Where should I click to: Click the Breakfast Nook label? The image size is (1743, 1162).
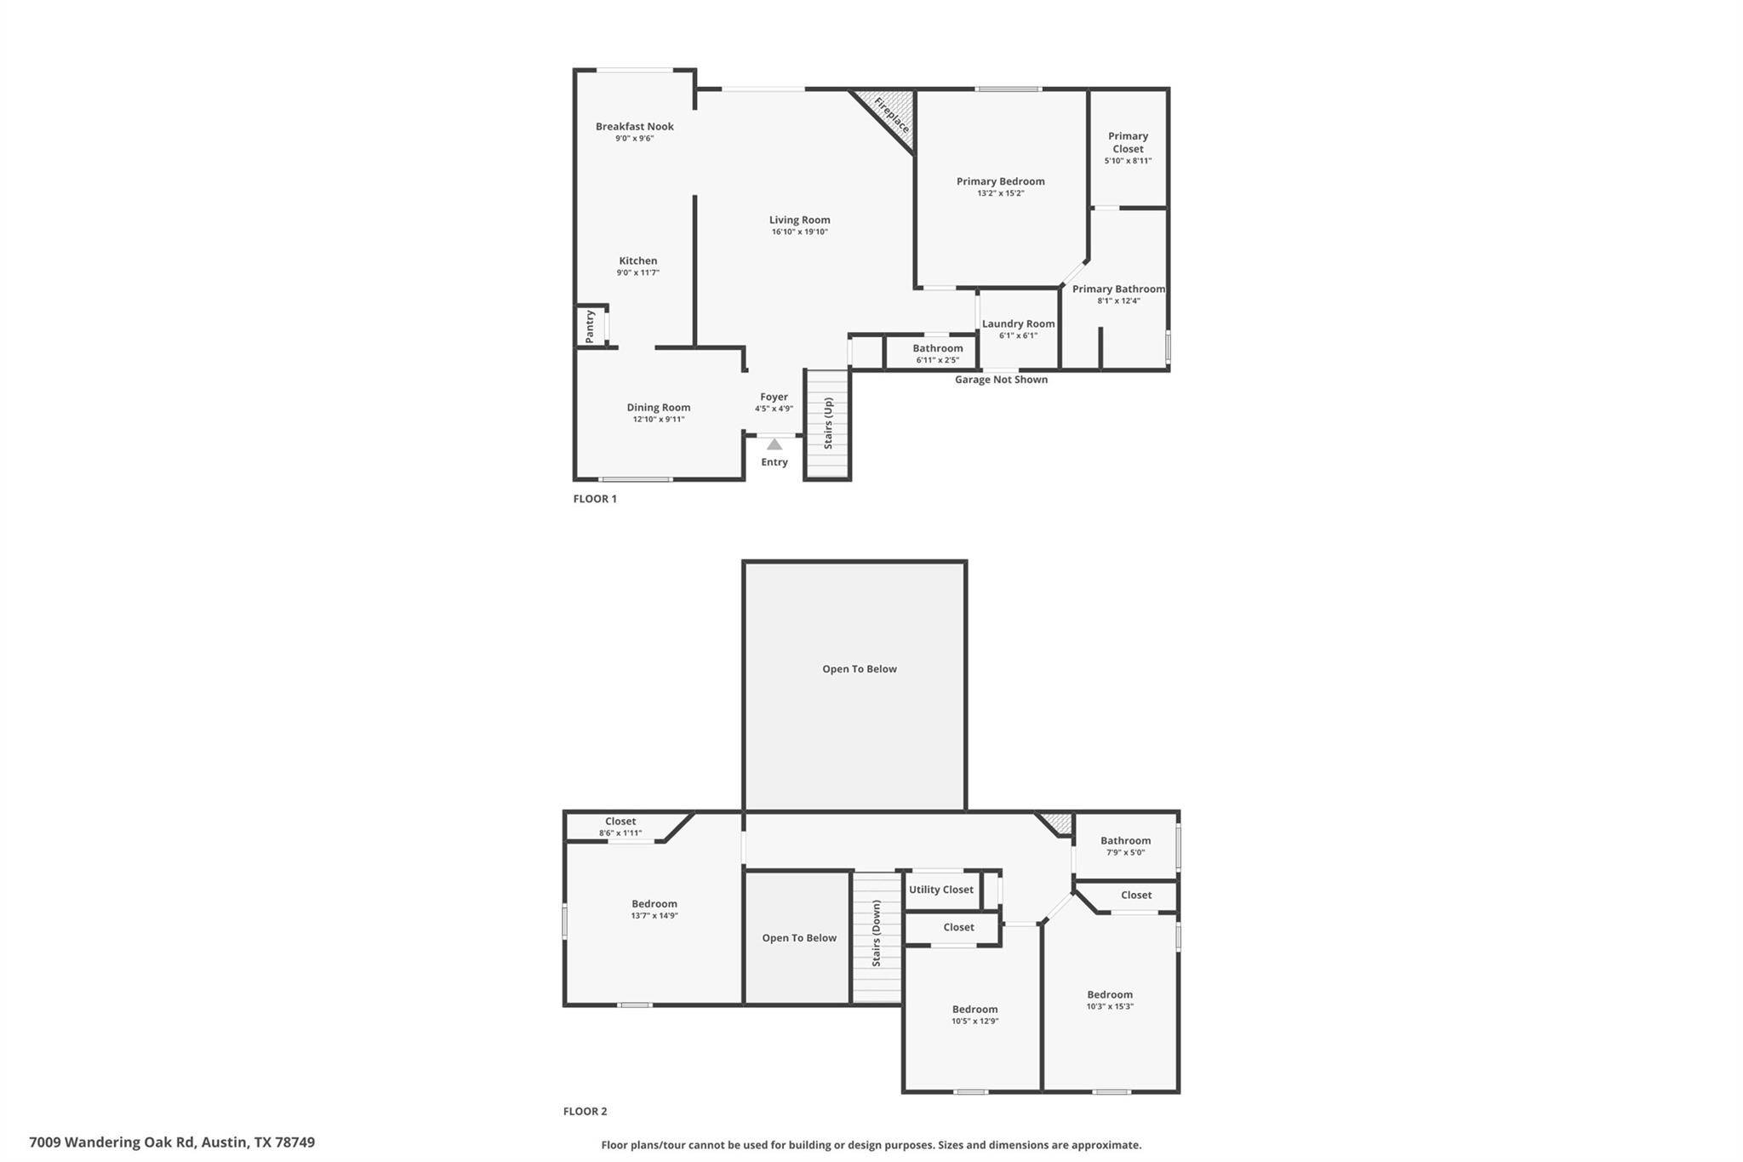(x=634, y=127)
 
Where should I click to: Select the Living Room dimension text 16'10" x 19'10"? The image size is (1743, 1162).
(x=799, y=232)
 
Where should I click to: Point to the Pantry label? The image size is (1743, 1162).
(x=590, y=326)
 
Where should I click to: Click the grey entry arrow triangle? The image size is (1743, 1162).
(x=774, y=444)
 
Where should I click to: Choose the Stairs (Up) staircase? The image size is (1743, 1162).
(x=827, y=424)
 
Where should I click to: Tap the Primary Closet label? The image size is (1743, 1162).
(x=1128, y=142)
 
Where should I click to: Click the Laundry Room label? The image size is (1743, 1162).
(x=1018, y=323)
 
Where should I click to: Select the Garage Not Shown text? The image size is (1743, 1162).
(x=1001, y=380)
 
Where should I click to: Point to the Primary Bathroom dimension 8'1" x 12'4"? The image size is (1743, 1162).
(x=1118, y=301)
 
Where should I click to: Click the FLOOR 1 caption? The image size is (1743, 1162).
(x=595, y=499)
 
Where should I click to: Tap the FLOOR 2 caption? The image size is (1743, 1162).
(x=585, y=1111)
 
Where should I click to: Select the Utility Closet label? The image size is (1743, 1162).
(x=940, y=890)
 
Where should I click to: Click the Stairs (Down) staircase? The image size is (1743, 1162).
(x=877, y=937)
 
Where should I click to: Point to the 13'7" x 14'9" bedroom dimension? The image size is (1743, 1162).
(x=654, y=916)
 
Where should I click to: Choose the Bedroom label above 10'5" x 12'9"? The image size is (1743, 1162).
(x=974, y=1010)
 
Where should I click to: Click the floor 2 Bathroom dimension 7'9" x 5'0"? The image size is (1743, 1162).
(x=1125, y=852)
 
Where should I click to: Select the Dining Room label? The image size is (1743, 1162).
(x=658, y=408)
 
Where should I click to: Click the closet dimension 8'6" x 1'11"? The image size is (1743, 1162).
(x=620, y=833)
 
